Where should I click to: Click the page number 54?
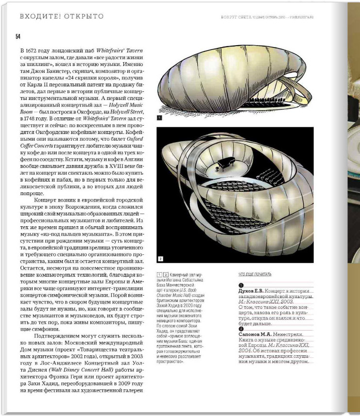coord(18,37)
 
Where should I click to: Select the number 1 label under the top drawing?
coord(160,117)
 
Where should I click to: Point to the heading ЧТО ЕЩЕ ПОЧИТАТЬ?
coord(255,274)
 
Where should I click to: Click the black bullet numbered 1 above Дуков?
coord(241,285)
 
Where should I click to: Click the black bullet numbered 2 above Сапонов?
coord(241,329)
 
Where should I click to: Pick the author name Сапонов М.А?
coord(256,334)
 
